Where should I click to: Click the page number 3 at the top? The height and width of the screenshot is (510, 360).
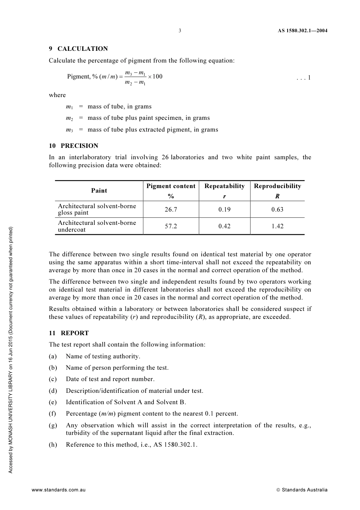click(180, 31)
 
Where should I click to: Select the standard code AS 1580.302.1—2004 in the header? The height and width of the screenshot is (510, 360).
click(300, 31)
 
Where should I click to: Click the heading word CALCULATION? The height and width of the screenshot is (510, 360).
click(83, 49)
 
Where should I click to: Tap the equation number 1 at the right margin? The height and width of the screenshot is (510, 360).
click(309, 78)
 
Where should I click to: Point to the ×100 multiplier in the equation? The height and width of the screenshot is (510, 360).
click(155, 76)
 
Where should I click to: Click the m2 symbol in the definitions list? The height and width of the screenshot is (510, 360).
click(69, 118)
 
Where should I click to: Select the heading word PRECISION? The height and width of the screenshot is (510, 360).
click(80, 146)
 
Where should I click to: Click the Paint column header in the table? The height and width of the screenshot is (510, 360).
click(99, 190)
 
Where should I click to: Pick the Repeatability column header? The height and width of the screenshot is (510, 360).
click(224, 186)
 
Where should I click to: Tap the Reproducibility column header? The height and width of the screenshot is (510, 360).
click(277, 186)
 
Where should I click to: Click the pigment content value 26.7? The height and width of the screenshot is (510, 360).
click(171, 209)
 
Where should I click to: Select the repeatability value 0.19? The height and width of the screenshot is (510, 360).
click(224, 209)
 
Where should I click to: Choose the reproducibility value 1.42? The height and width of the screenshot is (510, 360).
click(277, 226)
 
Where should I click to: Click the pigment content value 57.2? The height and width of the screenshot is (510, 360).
click(171, 226)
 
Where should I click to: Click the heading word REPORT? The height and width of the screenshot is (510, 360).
click(75, 333)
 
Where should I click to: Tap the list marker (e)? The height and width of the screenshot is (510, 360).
click(53, 402)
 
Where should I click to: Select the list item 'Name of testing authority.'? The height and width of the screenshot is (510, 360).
click(103, 356)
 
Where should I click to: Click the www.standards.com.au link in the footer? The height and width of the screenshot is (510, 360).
click(59, 490)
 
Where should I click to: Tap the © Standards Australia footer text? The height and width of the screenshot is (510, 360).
click(302, 490)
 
